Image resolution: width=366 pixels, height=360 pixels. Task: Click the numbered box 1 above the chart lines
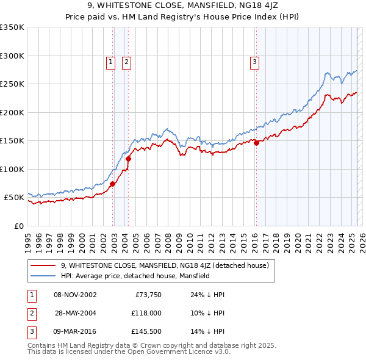click(x=110, y=61)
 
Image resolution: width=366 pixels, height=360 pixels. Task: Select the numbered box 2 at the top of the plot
click(x=126, y=61)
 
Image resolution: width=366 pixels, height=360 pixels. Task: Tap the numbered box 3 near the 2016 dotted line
click(x=254, y=61)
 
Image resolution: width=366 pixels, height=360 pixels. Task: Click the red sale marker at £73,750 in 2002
click(x=113, y=184)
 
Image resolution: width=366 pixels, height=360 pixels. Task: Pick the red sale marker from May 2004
click(x=129, y=159)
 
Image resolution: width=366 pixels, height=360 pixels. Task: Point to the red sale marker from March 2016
click(x=257, y=143)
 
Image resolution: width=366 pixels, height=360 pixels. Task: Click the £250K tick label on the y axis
click(x=12, y=84)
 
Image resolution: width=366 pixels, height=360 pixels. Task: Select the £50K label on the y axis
click(x=13, y=198)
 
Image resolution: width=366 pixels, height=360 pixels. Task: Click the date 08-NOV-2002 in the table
click(x=75, y=295)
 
